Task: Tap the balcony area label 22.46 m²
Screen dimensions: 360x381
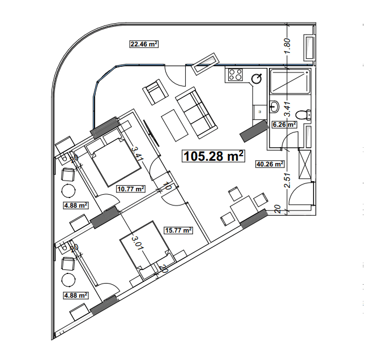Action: click(x=143, y=44)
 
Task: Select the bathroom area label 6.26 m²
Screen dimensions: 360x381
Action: click(x=284, y=124)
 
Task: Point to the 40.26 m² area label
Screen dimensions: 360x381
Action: click(x=269, y=164)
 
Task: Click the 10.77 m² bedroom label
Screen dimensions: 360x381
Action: click(x=130, y=189)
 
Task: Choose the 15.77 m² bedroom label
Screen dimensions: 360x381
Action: click(x=178, y=230)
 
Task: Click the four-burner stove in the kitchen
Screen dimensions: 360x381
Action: click(x=234, y=75)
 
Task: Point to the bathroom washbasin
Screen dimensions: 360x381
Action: click(x=275, y=106)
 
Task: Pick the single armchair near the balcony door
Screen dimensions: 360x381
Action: click(x=155, y=92)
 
